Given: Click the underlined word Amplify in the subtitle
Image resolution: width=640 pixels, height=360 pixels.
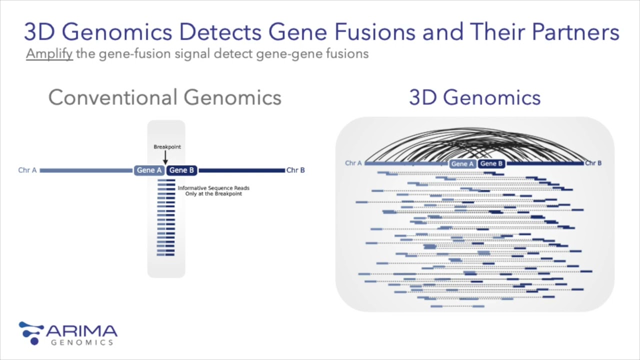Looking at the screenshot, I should [49, 53].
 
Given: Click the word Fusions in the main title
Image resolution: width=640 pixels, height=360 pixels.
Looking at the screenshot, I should [374, 32].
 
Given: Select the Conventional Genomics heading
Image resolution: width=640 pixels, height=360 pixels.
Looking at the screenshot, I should [165, 97].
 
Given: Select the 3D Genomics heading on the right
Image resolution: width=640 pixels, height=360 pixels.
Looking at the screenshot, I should [474, 97].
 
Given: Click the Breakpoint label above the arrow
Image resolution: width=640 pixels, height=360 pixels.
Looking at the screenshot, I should [167, 147].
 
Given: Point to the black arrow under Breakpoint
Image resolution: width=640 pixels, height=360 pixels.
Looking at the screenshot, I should [165, 157].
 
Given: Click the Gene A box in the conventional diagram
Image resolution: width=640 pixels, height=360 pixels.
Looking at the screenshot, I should [149, 170].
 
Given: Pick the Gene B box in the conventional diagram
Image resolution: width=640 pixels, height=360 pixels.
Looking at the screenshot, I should [181, 170].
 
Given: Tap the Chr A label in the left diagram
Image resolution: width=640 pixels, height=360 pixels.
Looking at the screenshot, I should [27, 170].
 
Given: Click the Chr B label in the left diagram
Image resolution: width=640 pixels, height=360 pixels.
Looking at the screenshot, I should [295, 170].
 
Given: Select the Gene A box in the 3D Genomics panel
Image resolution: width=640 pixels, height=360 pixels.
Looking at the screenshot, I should [462, 164].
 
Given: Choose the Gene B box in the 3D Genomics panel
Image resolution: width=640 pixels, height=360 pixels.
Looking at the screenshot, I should [491, 163].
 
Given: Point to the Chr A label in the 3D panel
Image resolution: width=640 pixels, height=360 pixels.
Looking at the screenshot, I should [353, 163].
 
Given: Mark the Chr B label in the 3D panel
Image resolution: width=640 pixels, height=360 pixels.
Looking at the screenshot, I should [593, 163].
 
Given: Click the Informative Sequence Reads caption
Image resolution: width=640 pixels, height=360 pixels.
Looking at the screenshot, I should [213, 191].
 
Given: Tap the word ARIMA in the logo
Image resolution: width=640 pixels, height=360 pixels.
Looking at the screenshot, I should [81, 331].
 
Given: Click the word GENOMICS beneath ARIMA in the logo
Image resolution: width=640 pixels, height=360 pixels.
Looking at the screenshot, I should [82, 342].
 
